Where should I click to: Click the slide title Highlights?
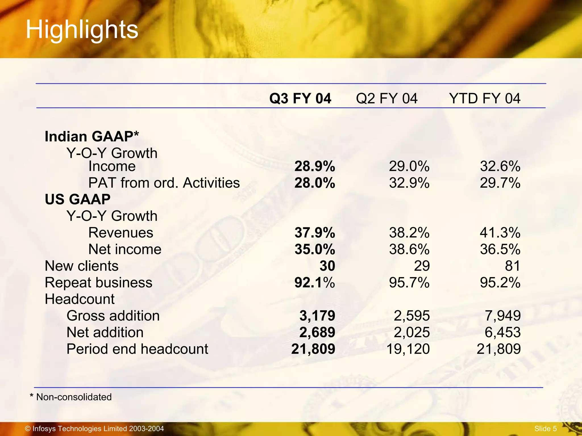tap(82, 30)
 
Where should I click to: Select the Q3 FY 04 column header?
tap(300, 98)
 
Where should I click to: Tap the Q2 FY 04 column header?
tap(386, 98)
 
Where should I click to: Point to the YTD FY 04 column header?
tap(485, 98)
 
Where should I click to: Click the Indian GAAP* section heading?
tap(92, 137)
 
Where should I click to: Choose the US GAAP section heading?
tap(78, 199)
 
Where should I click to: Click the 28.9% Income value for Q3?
tap(315, 166)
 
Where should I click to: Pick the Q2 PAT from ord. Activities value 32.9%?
tap(409, 183)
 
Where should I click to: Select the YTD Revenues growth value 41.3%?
tap(500, 233)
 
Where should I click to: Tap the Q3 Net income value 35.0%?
tap(315, 250)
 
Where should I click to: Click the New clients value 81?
tap(512, 266)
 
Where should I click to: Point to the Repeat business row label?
tap(98, 283)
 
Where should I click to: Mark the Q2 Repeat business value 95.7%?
tap(409, 283)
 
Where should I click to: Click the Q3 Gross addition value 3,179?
tap(317, 316)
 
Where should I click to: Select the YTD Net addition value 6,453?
tap(502, 332)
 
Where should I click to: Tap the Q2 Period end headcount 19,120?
tap(408, 349)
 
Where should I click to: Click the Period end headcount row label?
tap(137, 349)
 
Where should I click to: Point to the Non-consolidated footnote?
tap(71, 397)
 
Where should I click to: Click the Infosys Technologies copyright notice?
tap(94, 429)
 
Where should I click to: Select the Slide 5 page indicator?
tap(545, 429)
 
